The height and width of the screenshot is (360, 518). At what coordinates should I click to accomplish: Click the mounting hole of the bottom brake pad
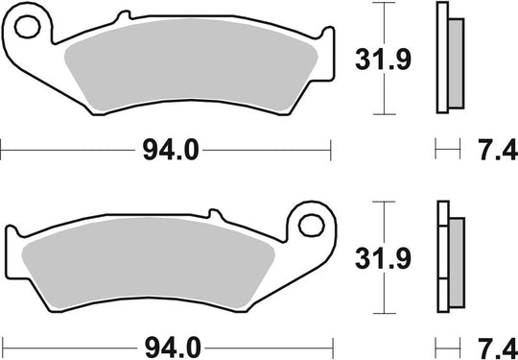click(310, 228)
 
